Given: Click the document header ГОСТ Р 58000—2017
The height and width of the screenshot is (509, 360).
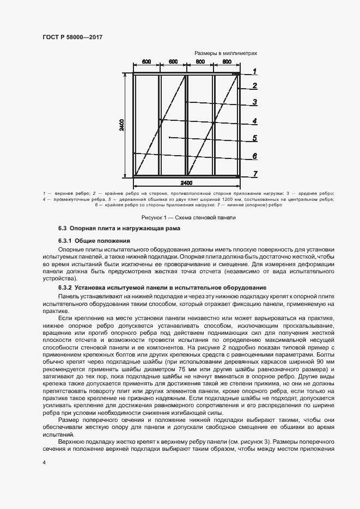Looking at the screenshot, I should click(x=72, y=37).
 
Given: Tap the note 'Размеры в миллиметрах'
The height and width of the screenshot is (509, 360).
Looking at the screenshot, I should click(x=225, y=53).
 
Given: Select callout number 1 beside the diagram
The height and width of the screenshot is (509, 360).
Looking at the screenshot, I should click(x=254, y=71).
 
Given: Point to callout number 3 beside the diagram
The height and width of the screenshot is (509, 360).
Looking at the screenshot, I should click(x=254, y=102).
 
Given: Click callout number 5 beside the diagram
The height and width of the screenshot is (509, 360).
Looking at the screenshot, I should click(x=254, y=138).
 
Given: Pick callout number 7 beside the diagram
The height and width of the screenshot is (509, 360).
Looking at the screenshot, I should click(x=254, y=174).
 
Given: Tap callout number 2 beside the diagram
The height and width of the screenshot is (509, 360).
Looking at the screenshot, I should click(x=254, y=85).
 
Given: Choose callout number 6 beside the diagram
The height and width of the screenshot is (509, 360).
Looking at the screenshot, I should click(x=254, y=156).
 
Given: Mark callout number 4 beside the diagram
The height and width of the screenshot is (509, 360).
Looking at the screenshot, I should click(x=254, y=121).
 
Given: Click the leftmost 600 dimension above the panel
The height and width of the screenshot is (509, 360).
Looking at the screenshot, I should click(x=147, y=62).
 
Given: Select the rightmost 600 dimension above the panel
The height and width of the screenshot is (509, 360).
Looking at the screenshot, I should click(x=227, y=62).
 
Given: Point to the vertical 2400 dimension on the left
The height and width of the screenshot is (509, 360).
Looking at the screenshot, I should click(x=123, y=125).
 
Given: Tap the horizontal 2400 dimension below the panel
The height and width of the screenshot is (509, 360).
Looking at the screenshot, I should click(x=187, y=182).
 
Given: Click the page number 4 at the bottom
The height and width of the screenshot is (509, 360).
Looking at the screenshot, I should click(x=44, y=462).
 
